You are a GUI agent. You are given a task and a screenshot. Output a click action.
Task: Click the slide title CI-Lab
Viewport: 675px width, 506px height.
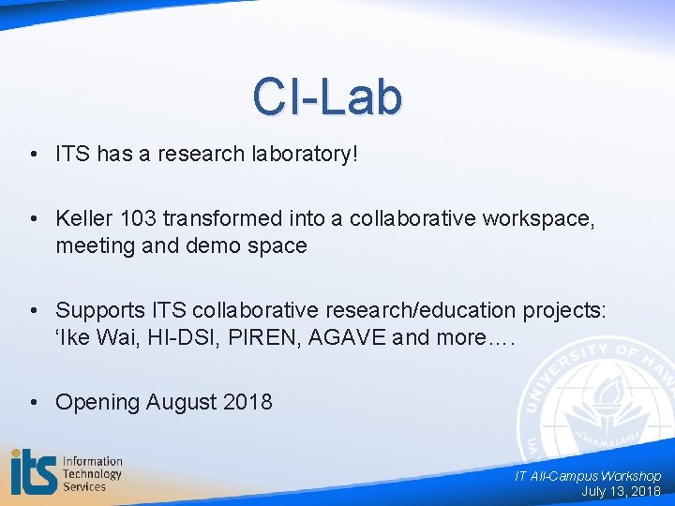[x=327, y=97]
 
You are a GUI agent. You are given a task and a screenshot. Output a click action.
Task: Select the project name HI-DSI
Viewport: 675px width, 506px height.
[x=176, y=336]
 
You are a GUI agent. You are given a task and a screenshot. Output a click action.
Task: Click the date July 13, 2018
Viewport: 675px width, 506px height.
[x=621, y=491]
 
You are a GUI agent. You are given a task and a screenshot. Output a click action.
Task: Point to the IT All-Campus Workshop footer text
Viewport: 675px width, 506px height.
[x=587, y=476]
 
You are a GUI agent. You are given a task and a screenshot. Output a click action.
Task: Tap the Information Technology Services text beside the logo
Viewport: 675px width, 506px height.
[x=92, y=473]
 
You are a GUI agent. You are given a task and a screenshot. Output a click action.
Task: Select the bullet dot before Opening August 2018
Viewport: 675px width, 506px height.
[x=34, y=402]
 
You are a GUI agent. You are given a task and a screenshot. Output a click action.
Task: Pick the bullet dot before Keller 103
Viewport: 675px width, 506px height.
[x=34, y=218]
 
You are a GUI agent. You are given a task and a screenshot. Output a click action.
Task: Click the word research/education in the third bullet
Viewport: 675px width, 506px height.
[x=383, y=310]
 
